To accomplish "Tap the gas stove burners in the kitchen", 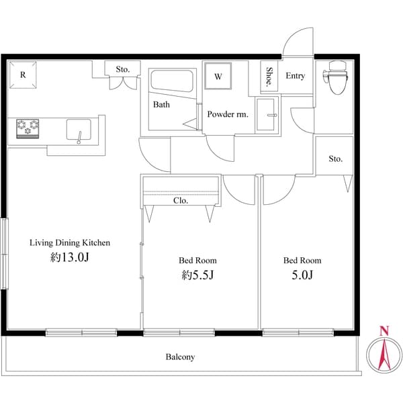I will [x=28, y=126].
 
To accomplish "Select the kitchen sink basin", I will [x=81, y=128].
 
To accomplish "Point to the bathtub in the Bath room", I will [x=172, y=83].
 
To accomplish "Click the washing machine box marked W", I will [x=218, y=76].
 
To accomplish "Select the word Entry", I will [x=295, y=76].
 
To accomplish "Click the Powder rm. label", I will [x=227, y=114].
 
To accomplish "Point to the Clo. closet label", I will [x=180, y=200].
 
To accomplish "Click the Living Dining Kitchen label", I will [x=69, y=242].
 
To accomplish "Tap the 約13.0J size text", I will [x=69, y=258].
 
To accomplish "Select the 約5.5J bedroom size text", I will [x=197, y=275].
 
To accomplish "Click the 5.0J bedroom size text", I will [x=302, y=275].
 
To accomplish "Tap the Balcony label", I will [x=180, y=357].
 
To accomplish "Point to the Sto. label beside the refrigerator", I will [x=122, y=69].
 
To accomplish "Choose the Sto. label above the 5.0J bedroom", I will [x=335, y=159].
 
